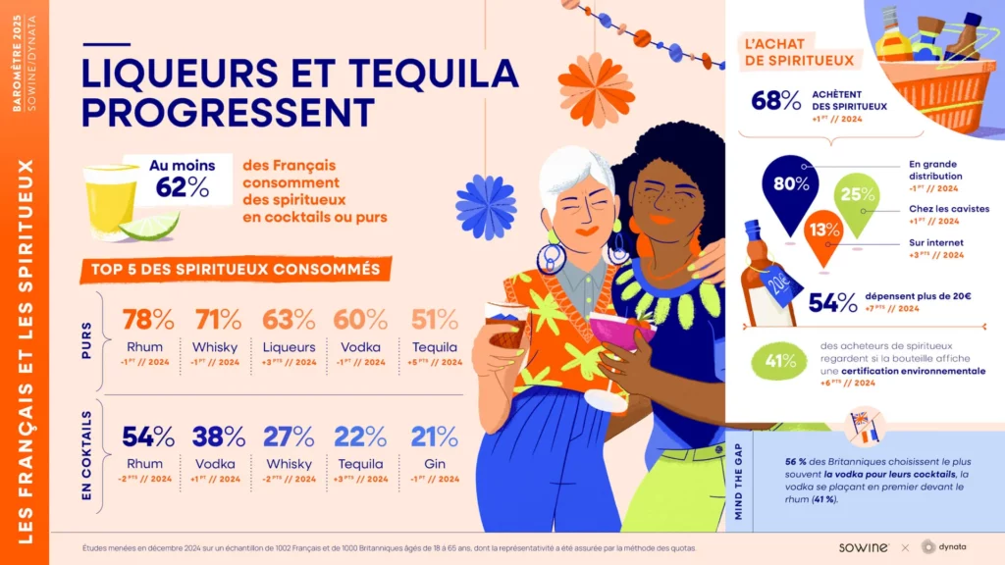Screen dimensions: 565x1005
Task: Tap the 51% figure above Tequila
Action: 435,320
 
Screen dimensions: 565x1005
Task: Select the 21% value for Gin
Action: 435,437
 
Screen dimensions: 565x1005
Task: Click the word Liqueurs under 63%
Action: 290,347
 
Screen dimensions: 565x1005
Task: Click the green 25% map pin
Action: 856,196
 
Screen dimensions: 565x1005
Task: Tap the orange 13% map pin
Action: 823,231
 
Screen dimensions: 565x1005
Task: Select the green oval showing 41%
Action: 780,360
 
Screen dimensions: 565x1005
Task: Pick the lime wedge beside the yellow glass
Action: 150,226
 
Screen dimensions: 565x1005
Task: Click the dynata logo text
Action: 957,546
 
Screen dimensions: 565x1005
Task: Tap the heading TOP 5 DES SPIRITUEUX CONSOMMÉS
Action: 236,268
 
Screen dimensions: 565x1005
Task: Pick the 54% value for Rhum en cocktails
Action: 148,437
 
